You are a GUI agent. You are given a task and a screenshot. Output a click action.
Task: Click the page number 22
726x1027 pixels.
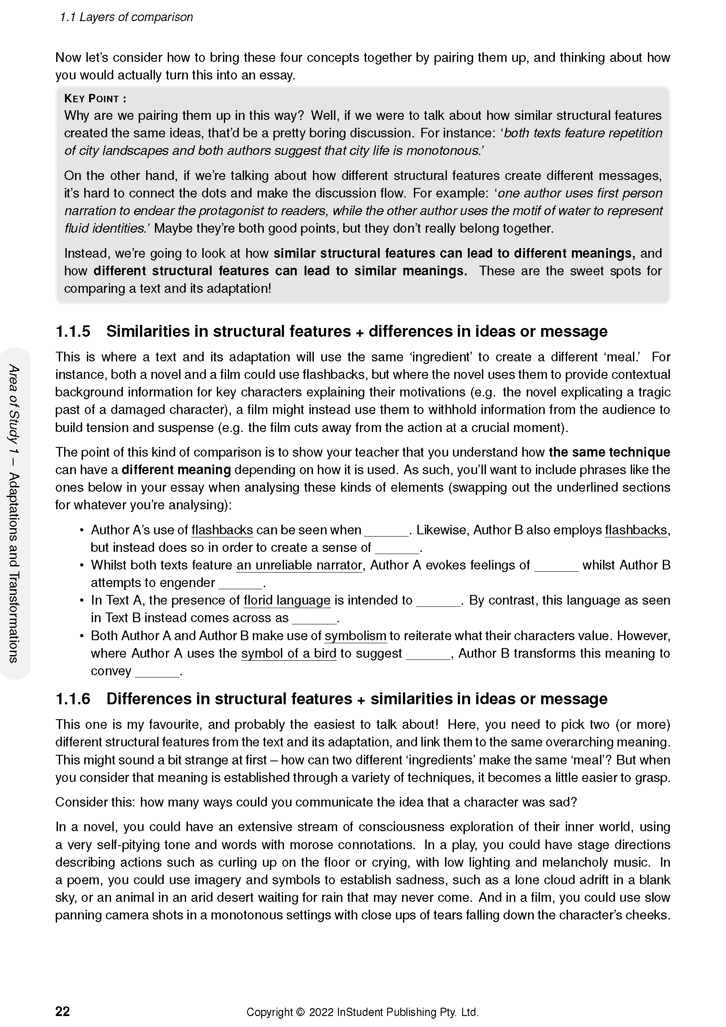click(x=63, y=1011)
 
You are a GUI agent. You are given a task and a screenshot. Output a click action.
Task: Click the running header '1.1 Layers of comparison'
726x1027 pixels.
click(x=126, y=18)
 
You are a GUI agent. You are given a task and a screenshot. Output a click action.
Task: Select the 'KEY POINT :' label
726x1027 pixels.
click(x=95, y=98)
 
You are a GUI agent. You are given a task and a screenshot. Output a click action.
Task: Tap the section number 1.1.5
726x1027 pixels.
click(x=73, y=332)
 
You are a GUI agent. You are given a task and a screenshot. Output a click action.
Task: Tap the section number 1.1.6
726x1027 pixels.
click(x=73, y=699)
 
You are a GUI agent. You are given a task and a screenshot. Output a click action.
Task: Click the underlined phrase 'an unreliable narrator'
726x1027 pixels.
click(x=299, y=566)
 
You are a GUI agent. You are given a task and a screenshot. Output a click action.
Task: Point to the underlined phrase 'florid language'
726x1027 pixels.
click(x=287, y=600)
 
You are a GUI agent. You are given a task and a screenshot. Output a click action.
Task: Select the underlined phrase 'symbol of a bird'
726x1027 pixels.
click(x=288, y=653)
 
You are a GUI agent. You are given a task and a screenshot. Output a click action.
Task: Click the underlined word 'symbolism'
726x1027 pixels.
click(x=355, y=636)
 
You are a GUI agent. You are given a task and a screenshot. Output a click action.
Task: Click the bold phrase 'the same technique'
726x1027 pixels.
click(x=609, y=452)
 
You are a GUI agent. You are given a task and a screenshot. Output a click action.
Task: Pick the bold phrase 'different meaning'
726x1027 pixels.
click(x=176, y=470)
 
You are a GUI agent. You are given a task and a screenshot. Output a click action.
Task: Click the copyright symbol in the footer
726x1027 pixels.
click(x=300, y=1012)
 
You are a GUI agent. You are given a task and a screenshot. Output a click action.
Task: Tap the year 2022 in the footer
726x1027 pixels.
click(x=321, y=1012)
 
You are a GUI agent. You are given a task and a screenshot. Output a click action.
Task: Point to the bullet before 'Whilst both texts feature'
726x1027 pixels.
click(x=82, y=566)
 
